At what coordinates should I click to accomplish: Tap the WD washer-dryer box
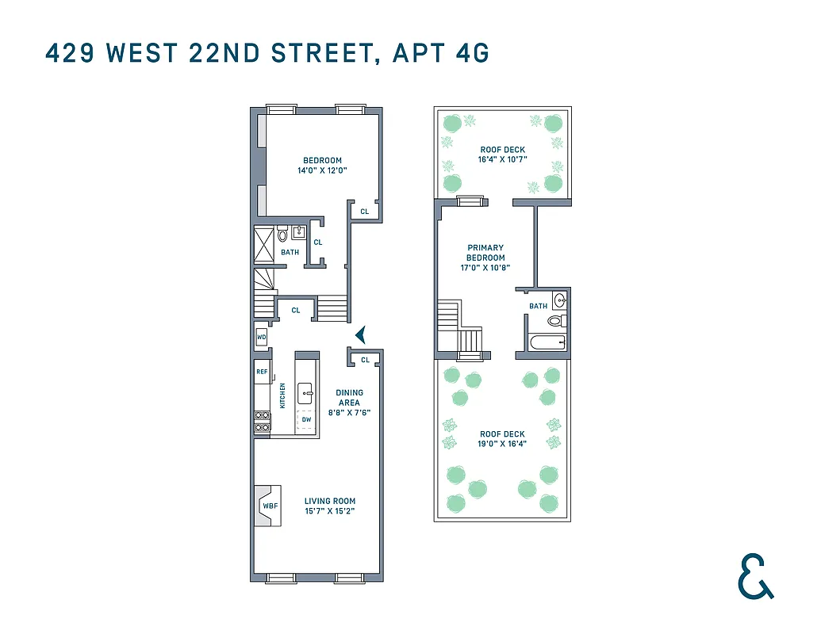(x=261, y=338)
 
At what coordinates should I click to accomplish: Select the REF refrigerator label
(x=261, y=371)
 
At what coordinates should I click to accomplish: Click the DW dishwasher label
(x=305, y=420)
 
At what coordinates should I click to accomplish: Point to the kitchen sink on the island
(x=305, y=391)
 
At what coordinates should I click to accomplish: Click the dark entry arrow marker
(x=360, y=334)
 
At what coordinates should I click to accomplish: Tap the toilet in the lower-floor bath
(x=282, y=235)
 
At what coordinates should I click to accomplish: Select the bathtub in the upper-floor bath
(x=547, y=342)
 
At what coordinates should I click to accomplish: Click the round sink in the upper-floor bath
(x=560, y=300)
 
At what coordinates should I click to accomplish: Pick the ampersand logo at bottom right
(x=754, y=576)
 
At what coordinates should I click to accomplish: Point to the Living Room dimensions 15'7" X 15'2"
(x=330, y=511)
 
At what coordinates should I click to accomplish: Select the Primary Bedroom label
(x=485, y=253)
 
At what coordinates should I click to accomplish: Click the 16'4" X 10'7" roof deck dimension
(x=502, y=159)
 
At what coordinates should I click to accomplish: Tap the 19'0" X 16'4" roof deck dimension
(x=502, y=444)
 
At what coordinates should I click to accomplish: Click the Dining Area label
(x=349, y=397)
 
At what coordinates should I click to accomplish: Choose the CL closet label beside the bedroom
(x=365, y=212)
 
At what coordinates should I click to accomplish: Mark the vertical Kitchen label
(x=282, y=396)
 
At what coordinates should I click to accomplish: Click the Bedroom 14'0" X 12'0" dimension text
(x=322, y=170)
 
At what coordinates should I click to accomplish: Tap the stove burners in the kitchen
(x=261, y=422)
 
